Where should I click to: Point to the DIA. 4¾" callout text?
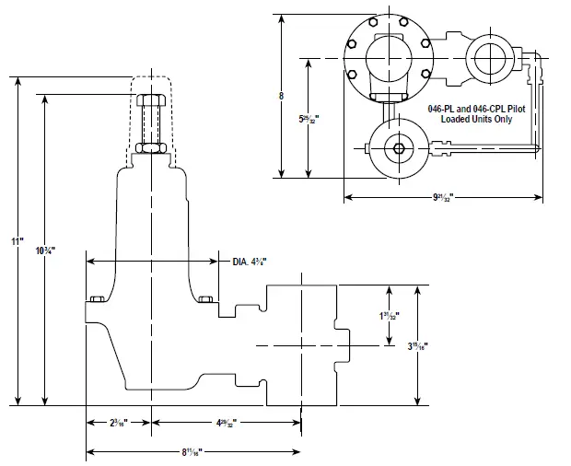pyautogui.click(x=249, y=262)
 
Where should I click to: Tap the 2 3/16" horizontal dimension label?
pyautogui.click(x=117, y=423)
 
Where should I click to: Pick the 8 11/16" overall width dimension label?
pyautogui.click(x=192, y=451)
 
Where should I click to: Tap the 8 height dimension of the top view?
pyautogui.click(x=281, y=96)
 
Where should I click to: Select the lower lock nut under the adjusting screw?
pyautogui.click(x=149, y=146)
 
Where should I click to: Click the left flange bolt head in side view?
pyautogui.click(x=95, y=297)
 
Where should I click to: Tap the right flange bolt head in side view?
pyautogui.click(x=205, y=297)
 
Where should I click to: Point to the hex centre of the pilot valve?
pyautogui.click(x=398, y=149)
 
